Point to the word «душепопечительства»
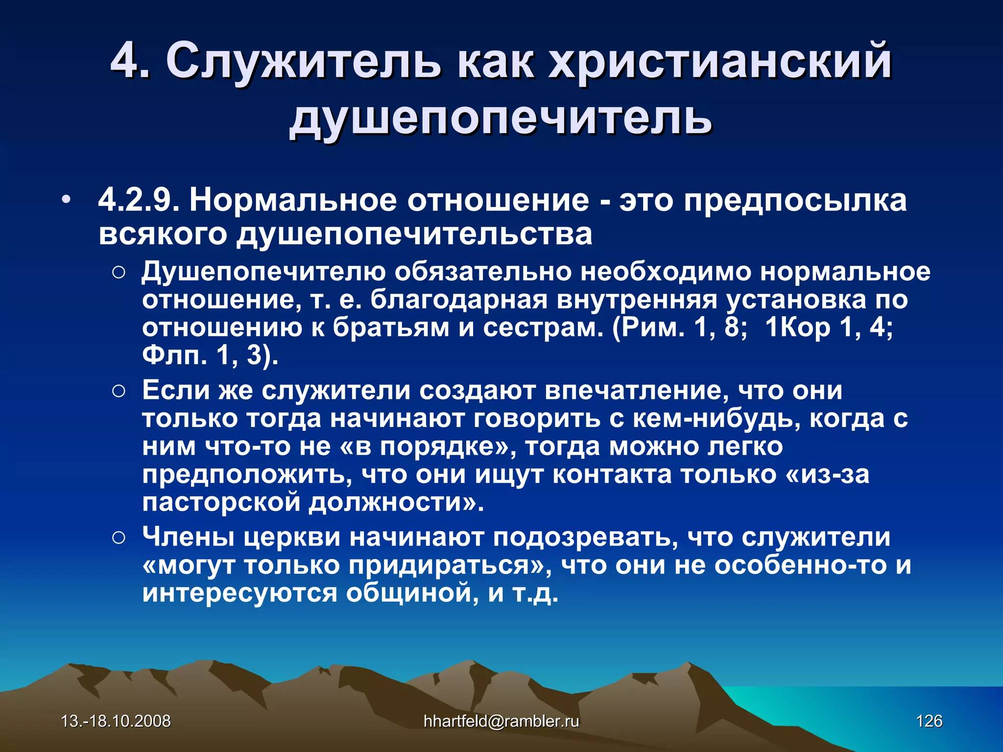414,234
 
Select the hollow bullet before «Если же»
119,391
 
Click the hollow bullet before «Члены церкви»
119,538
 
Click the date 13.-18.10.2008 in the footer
116,721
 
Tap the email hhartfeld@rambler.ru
501,721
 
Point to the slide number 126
929,721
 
